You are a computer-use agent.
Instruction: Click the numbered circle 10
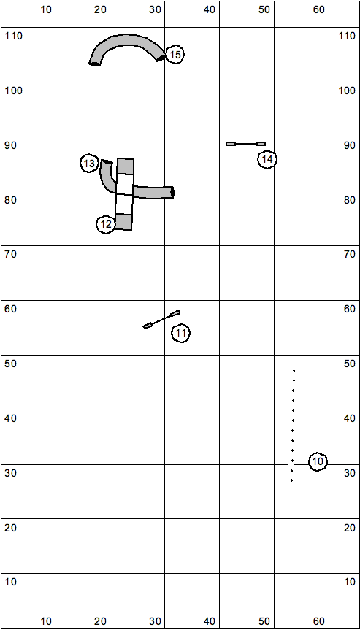[x=318, y=461]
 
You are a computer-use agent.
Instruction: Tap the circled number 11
[x=181, y=333]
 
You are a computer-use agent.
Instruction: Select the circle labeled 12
[x=106, y=225]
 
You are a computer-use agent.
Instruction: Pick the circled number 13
[x=90, y=164]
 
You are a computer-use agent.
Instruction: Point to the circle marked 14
[x=267, y=160]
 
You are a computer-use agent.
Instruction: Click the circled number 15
[x=175, y=55]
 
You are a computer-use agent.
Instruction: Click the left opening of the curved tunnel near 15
[x=94, y=64]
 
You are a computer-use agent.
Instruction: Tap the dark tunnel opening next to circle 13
[x=107, y=162]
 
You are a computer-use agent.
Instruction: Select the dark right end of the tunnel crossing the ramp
[x=172, y=193]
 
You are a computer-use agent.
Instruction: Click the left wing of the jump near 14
[x=231, y=143]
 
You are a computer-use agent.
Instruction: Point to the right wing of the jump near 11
[x=175, y=312]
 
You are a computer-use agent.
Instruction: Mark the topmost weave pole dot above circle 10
[x=294, y=370]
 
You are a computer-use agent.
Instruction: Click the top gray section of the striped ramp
[x=126, y=166]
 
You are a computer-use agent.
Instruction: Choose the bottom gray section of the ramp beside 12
[x=123, y=222]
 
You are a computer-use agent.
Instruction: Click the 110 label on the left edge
[x=14, y=37]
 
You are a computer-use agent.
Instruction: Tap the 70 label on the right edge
[x=350, y=254]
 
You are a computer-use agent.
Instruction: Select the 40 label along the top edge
[x=210, y=10]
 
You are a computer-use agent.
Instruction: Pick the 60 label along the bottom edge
[x=318, y=621]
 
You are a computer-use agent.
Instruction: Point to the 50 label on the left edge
[x=10, y=364]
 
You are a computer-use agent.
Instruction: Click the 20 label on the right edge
[x=350, y=528]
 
